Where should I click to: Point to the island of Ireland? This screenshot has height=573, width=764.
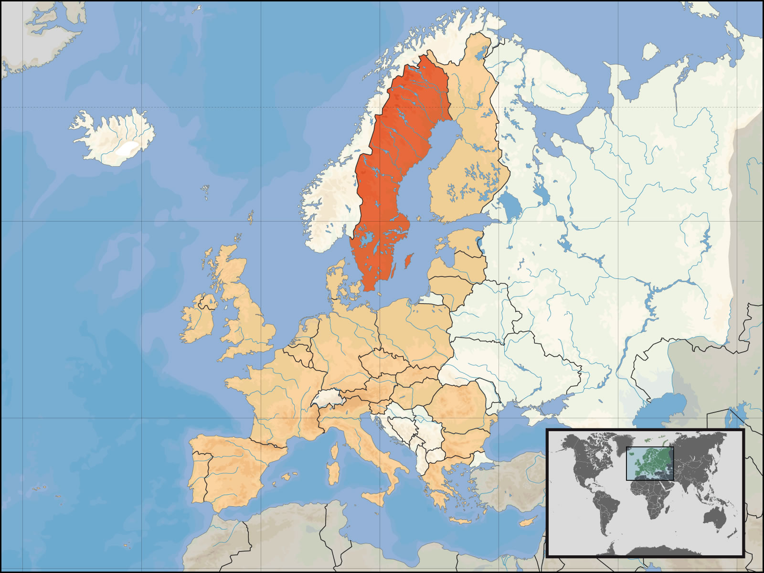pos(198,320)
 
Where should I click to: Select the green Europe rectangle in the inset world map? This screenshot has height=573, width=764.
pos(649,463)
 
